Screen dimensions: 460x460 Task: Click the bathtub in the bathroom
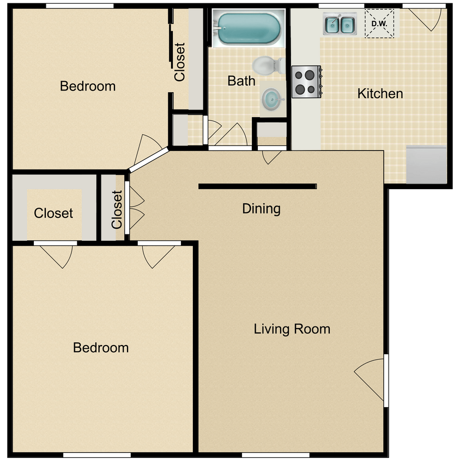click(249, 28)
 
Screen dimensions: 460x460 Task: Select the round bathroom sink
click(271, 99)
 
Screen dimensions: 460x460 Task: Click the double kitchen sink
click(340, 24)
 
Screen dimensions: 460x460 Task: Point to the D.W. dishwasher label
click(379, 24)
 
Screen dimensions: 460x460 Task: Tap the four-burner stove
click(306, 82)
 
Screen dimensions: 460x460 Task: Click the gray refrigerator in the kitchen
click(426, 165)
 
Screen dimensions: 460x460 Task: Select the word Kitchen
click(380, 94)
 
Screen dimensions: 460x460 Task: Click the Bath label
click(241, 81)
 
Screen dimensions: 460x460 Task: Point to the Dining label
click(261, 209)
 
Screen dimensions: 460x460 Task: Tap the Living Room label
click(292, 329)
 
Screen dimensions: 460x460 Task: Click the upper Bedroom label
click(88, 86)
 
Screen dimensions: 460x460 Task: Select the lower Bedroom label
click(101, 348)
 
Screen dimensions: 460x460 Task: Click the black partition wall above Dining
click(258, 186)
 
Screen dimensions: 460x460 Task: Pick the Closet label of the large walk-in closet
click(53, 213)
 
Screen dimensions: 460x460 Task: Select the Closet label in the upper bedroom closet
click(179, 62)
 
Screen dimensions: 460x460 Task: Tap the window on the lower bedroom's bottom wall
click(97, 455)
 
